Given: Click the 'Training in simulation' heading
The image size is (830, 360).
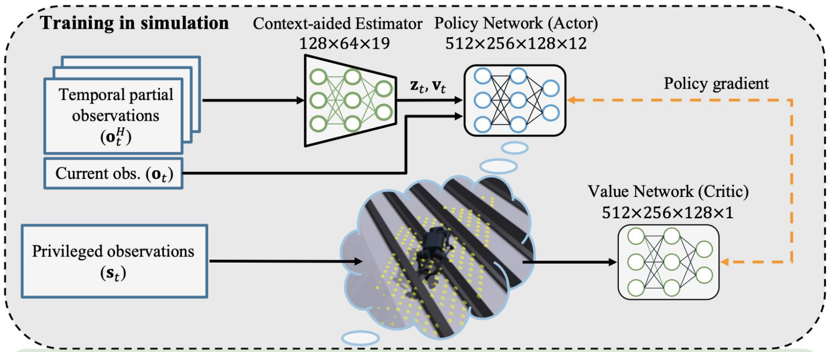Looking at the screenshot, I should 134,23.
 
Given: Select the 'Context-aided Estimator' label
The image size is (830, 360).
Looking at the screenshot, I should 337,23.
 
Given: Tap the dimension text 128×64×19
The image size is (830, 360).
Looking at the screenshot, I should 344,43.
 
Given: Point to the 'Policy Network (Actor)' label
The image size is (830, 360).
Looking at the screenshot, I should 516,23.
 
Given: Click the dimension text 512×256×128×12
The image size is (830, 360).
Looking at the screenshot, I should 516,43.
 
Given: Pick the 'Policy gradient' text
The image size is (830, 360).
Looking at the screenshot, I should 716,84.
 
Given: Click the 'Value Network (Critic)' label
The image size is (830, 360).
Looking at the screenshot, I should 668,191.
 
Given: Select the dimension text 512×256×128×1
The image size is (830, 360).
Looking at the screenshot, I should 667,213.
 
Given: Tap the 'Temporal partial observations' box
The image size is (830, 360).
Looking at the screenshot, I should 114,115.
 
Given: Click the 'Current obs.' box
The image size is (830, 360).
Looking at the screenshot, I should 114,174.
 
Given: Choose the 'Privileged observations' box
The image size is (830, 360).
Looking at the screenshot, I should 114,261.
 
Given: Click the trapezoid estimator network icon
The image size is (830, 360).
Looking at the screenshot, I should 350,100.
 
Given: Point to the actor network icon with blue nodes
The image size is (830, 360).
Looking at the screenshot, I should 515,100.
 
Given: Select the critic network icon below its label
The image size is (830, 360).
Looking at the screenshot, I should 668,262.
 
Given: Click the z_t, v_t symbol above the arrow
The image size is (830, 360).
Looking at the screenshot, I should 428,86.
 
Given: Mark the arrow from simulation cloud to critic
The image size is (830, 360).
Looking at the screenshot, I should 570,262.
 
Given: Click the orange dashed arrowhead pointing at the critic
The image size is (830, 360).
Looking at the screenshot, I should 725,262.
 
